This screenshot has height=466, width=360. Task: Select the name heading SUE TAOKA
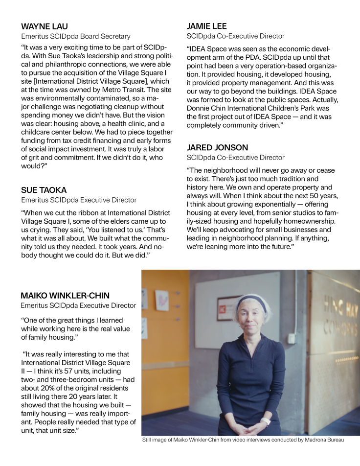43,189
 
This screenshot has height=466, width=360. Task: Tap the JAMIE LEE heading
206,26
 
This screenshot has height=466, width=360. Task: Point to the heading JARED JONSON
217,147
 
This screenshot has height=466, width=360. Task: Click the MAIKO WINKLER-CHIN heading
65,295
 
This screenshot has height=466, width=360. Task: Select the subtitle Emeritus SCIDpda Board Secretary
75,36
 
